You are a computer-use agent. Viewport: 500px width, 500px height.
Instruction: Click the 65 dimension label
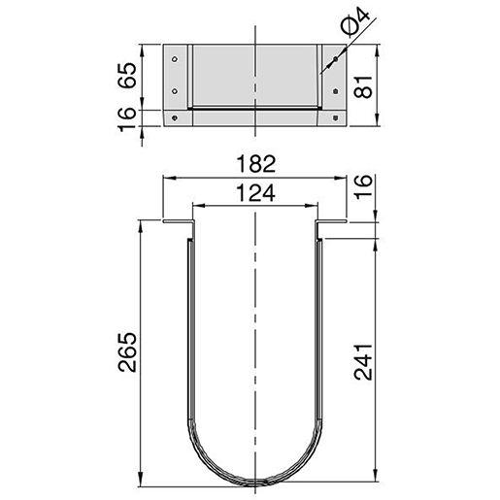coord(127,75)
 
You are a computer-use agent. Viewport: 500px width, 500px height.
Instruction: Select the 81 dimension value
coord(363,86)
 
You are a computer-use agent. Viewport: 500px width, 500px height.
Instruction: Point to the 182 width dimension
coord(255,164)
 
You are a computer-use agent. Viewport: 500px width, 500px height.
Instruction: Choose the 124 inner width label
coord(255,193)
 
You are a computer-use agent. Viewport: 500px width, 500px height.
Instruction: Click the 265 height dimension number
coord(127,351)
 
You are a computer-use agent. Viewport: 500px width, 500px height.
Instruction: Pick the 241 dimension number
coord(363,362)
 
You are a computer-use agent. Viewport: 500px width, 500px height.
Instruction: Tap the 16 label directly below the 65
coord(127,119)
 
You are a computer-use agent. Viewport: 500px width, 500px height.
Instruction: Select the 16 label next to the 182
coord(363,187)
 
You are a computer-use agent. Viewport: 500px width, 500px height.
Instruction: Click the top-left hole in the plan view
coord(175,59)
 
